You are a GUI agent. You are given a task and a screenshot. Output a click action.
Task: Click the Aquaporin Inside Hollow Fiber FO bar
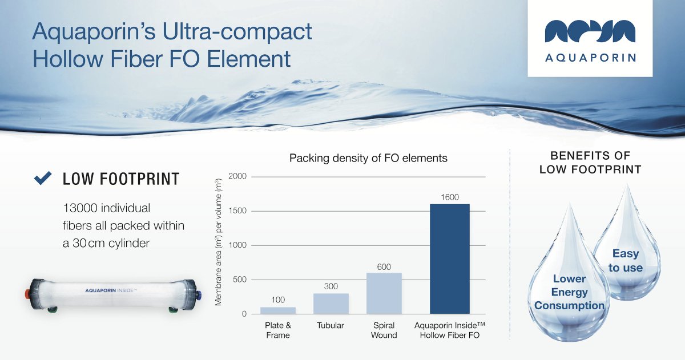coord(449,259)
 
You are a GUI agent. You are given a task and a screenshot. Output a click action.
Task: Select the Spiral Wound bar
coord(384,293)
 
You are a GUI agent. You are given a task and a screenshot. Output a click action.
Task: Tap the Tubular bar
coord(331,304)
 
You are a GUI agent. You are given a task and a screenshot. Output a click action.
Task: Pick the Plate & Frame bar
coord(278,310)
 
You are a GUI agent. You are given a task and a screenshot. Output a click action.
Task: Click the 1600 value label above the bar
coord(449,197)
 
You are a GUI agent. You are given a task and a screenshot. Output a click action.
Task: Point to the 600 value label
coord(384,266)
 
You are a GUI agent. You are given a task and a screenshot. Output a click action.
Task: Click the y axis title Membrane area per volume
coord(219,245)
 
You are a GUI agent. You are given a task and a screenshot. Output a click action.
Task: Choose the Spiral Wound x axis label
coord(384,330)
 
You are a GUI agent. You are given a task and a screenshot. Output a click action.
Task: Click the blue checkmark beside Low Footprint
coord(43,179)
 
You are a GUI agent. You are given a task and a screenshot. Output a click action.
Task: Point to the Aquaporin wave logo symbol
coord(590,31)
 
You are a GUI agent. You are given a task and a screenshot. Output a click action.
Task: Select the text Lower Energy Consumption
coord(569,292)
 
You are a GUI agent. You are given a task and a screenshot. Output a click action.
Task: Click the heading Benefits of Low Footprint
coord(590,163)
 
